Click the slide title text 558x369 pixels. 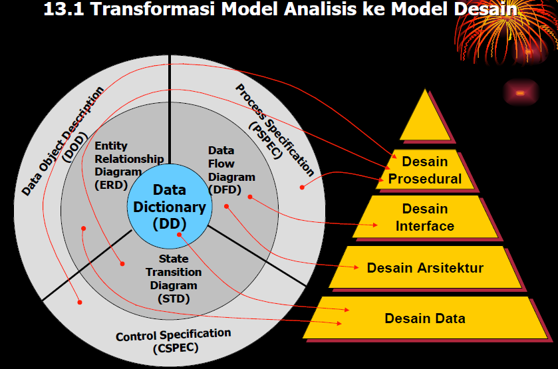279,10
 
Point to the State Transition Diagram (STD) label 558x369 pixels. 174,279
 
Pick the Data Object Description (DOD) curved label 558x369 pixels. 63,140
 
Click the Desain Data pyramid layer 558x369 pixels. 425,318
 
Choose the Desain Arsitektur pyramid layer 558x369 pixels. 425,268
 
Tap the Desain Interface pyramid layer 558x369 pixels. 425,217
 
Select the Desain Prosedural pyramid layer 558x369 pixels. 425,170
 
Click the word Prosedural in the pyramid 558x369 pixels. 425,178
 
